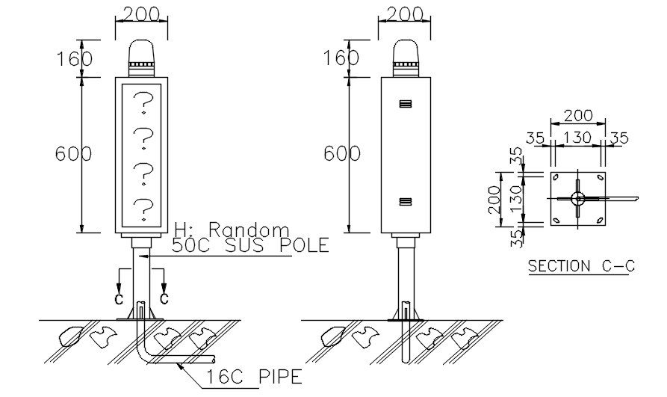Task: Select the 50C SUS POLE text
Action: (x=250, y=245)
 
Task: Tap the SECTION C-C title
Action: (x=579, y=265)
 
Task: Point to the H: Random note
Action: (x=231, y=229)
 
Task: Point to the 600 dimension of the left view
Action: (x=73, y=154)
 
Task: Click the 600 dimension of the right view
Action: (x=341, y=154)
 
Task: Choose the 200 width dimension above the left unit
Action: (x=141, y=14)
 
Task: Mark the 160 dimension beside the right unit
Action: (x=341, y=58)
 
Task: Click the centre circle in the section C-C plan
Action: (x=577, y=198)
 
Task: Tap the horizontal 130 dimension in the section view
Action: (x=578, y=138)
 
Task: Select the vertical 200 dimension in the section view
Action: (x=494, y=198)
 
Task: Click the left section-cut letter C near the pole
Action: (x=119, y=298)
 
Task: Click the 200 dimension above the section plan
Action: (x=578, y=115)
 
